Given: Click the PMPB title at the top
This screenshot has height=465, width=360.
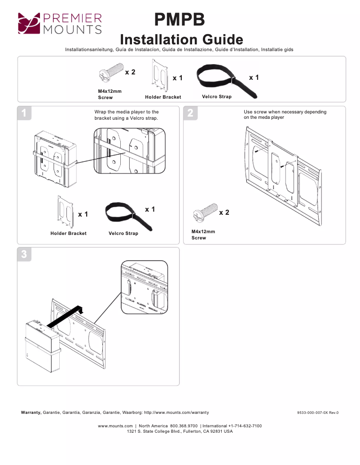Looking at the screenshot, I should click(180, 20).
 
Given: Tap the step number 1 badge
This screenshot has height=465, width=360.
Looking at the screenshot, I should click(24, 113).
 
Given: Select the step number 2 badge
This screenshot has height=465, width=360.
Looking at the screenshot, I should click(190, 113).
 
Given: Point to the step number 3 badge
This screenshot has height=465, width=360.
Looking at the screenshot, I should click(24, 254).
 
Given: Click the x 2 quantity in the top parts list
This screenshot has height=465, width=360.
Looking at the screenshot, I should click(130, 72).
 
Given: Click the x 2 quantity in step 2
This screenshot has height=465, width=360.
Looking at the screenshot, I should click(224, 213).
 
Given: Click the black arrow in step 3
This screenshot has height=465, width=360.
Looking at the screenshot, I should click(66, 316).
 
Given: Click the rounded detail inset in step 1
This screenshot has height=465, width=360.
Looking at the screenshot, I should click(129, 151).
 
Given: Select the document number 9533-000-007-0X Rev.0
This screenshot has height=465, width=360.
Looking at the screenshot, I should click(318, 413).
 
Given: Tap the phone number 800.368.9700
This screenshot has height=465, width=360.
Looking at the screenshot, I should click(184, 426).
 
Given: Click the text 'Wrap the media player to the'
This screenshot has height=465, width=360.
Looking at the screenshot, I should click(127, 112).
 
